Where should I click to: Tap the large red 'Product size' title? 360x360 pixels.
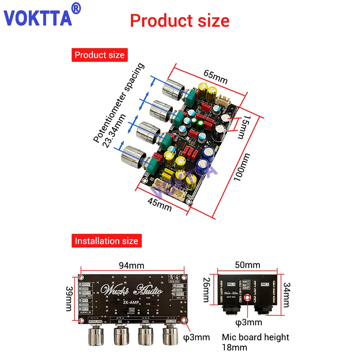(x=179, y=21)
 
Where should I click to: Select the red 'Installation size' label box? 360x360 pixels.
(x=106, y=240)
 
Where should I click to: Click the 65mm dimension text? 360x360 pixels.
(x=215, y=76)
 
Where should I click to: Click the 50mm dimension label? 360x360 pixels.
(x=248, y=265)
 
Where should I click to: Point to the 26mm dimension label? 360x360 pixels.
(x=206, y=290)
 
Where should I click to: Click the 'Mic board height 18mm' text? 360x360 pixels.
(x=255, y=342)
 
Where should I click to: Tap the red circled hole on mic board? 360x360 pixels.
(x=248, y=298)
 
